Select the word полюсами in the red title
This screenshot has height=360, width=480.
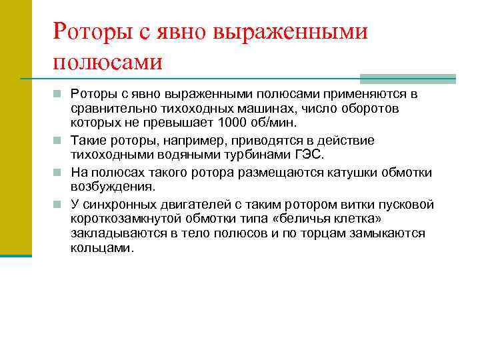(107, 61)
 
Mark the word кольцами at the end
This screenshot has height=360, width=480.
(101, 247)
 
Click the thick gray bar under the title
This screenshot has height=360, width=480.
(407, 78)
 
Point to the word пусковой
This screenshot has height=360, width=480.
(407, 204)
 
